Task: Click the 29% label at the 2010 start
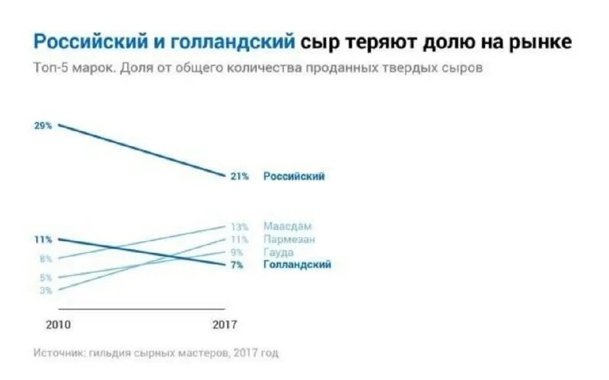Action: tap(43, 125)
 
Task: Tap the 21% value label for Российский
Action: tap(240, 176)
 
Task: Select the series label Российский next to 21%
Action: tap(294, 176)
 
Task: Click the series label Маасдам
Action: tap(288, 226)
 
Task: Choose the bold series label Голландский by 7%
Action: tap(297, 264)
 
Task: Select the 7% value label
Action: tap(238, 264)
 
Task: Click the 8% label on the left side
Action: tap(45, 259)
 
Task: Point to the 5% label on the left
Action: tap(45, 278)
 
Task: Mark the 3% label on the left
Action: tap(45, 290)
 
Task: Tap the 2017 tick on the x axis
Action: tap(225, 324)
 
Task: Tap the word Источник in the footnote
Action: tap(59, 353)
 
